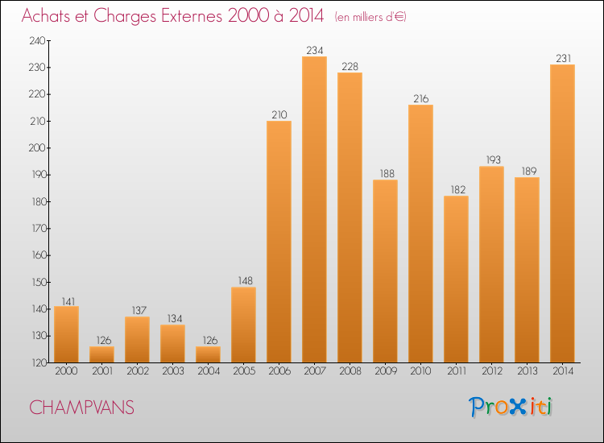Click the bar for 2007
coord(314,209)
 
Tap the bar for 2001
coord(101,354)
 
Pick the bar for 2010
coord(420,234)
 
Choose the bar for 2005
coord(243,325)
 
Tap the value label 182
coord(456,190)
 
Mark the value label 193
coord(491,160)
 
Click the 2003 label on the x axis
coord(172,371)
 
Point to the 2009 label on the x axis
coord(385,371)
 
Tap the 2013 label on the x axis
coord(527,371)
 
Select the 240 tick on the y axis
coord(38,40)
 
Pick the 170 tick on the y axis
coord(38,229)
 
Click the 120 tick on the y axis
coord(38,363)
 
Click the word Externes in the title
coord(182,16)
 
